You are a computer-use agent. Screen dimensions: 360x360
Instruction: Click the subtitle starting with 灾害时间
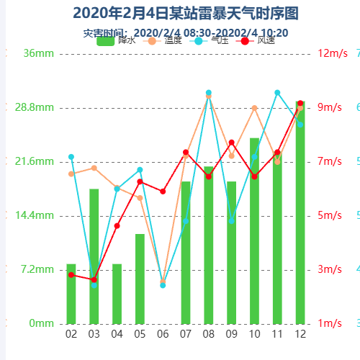pyautogui.click(x=185, y=33)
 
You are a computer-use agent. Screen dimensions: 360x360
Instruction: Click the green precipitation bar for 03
pyautogui.click(x=94, y=256)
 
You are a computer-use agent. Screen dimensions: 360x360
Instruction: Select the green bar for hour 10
pyautogui.click(x=254, y=230)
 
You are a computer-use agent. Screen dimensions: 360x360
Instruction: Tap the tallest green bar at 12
pyautogui.click(x=300, y=212)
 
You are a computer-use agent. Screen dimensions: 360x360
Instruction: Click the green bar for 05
pyautogui.click(x=140, y=279)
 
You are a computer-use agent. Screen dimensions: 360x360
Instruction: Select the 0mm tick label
pyautogui.click(x=41, y=323)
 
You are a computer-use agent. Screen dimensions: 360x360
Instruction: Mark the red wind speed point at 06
pyautogui.click(x=163, y=192)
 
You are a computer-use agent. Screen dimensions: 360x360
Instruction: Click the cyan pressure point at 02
pyautogui.click(x=71, y=157)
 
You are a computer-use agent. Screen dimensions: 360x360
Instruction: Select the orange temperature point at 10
pyautogui.click(x=254, y=108)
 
